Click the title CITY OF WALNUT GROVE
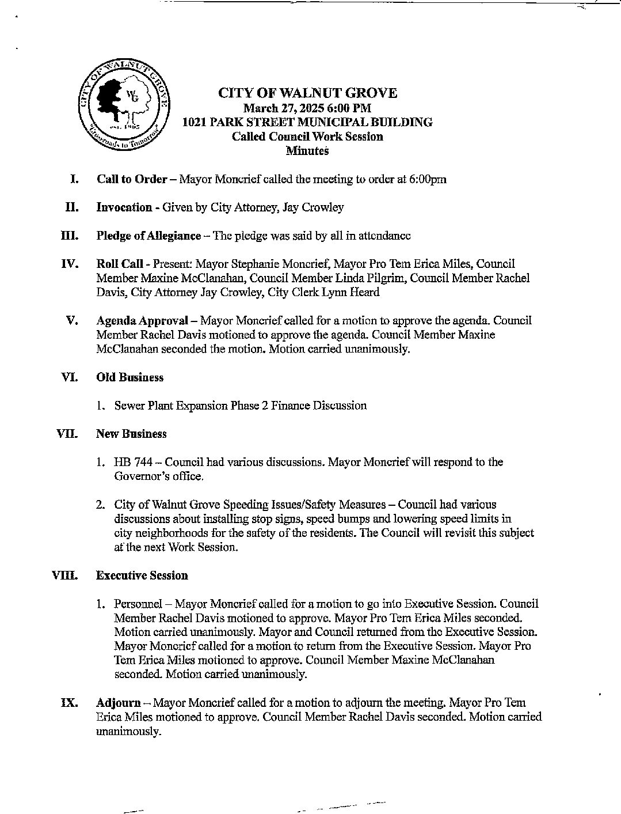307,93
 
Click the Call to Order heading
132,179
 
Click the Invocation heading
124,207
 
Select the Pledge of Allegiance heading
148,236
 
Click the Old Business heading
129,377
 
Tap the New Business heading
131,434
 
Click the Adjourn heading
118,703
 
